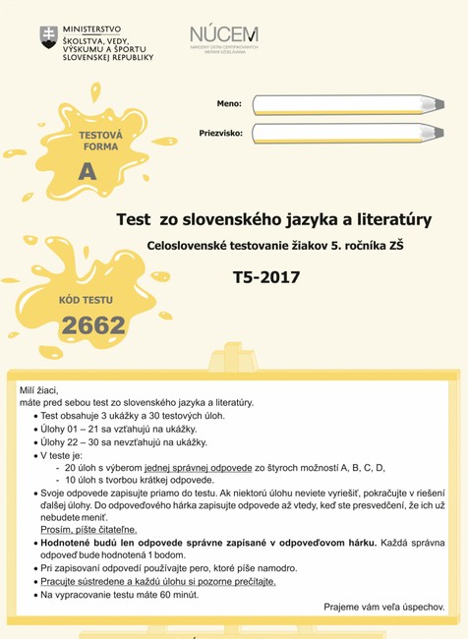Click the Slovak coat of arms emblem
click(x=48, y=37)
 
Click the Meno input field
click(x=334, y=105)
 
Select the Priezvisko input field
click(x=334, y=133)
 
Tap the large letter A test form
click(x=88, y=172)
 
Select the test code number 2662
click(x=93, y=325)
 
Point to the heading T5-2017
click(x=265, y=277)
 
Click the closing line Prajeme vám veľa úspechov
click(x=383, y=608)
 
